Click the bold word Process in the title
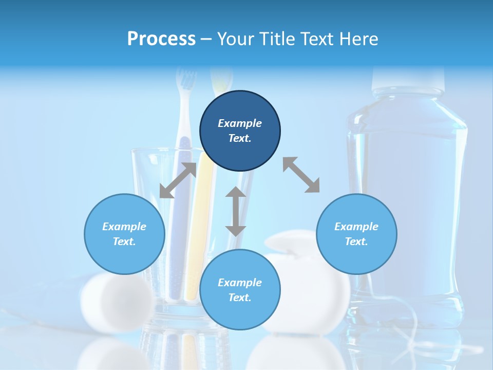[x=161, y=39]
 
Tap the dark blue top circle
[x=240, y=105]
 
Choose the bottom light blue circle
[x=240, y=313]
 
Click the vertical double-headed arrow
[x=236, y=211]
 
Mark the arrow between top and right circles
[x=301, y=175]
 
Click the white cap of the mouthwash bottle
[x=408, y=77]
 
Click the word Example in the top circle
[x=240, y=123]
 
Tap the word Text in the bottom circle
[x=240, y=298]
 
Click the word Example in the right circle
[x=356, y=227]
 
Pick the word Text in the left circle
[x=124, y=242]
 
